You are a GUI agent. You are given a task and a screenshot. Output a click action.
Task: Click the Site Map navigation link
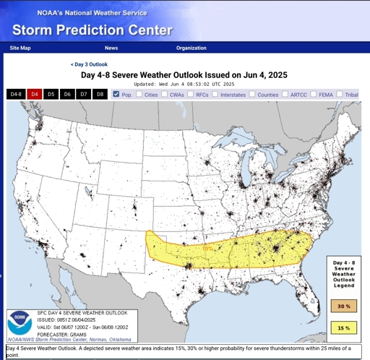pyautogui.click(x=20, y=48)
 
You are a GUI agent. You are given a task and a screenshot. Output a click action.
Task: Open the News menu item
pyautogui.click(x=111, y=48)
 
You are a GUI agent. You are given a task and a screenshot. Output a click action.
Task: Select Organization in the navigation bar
pyautogui.click(x=191, y=48)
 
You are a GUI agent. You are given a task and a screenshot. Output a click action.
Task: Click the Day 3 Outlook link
pyautogui.click(x=89, y=64)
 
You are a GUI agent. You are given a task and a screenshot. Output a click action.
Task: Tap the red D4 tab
pyautogui.click(x=34, y=95)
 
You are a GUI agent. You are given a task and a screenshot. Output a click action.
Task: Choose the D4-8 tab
pyautogui.click(x=16, y=95)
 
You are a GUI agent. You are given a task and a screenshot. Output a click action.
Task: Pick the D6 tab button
pyautogui.click(x=67, y=95)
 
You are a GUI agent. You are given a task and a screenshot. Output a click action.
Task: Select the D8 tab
pyautogui.click(x=100, y=95)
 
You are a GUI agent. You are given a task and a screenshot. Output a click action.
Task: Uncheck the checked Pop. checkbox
pyautogui.click(x=116, y=94)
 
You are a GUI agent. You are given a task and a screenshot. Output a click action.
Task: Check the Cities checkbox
pyautogui.click(x=139, y=94)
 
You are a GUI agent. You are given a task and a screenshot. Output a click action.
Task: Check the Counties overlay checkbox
pyautogui.click(x=253, y=94)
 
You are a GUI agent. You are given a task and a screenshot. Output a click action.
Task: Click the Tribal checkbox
pyautogui.click(x=340, y=94)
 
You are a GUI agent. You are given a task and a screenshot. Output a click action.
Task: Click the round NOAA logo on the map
pyautogui.click(x=20, y=322)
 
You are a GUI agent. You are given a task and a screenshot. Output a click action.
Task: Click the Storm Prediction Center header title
pyautogui.click(x=92, y=30)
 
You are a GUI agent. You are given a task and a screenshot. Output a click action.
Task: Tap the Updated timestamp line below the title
pyautogui.click(x=186, y=83)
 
